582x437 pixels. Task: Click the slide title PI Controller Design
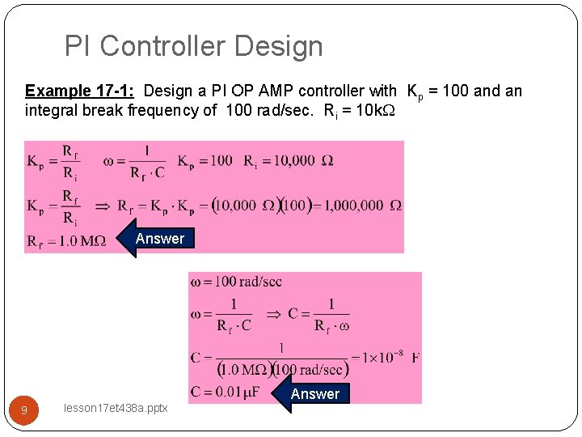coord(193,46)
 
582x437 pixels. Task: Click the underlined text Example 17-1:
coord(79,91)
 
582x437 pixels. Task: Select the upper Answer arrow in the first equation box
coord(158,239)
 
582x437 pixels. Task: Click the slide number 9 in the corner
coord(24,410)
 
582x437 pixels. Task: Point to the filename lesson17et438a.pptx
coord(115,409)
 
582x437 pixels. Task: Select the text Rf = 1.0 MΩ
coord(66,241)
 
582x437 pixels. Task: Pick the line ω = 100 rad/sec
coord(236,282)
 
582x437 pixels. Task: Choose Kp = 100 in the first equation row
coord(205,160)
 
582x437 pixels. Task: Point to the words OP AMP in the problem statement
coord(266,91)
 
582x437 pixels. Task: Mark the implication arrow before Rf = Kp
coord(103,206)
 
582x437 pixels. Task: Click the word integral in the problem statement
coord(51,110)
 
